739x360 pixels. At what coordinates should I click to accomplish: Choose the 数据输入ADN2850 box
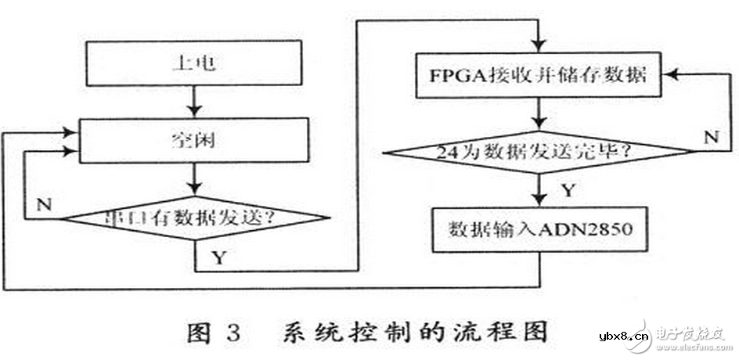540,229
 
